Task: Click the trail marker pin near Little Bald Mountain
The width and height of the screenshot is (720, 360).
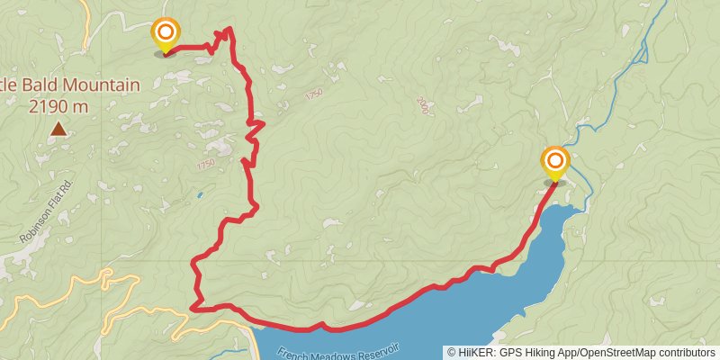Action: [166, 37]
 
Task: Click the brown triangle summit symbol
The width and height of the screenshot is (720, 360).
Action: [58, 130]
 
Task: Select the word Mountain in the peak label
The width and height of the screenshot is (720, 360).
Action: [101, 86]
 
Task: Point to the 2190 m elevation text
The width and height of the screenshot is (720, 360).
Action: [58, 106]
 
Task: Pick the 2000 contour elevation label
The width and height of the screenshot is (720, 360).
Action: [424, 106]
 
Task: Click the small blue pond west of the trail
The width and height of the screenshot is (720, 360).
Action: [199, 193]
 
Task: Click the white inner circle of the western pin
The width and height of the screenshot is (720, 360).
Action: [166, 33]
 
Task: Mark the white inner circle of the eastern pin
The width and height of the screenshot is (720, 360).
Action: [555, 162]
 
